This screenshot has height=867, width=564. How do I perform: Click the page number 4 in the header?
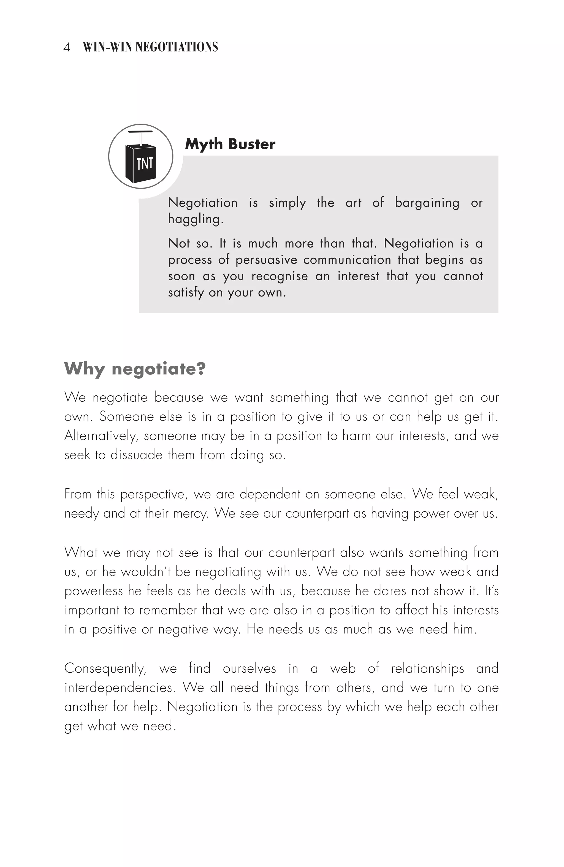(67, 47)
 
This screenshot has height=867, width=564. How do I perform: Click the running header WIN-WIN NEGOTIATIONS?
(150, 47)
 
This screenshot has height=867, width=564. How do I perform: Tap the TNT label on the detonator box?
(145, 164)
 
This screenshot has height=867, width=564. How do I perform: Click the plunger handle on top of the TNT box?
(140, 131)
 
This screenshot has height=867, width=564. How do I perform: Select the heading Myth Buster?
(230, 144)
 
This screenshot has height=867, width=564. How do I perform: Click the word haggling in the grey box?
(195, 219)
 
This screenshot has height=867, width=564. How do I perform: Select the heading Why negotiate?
(135, 369)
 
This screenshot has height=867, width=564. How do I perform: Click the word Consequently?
(105, 669)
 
